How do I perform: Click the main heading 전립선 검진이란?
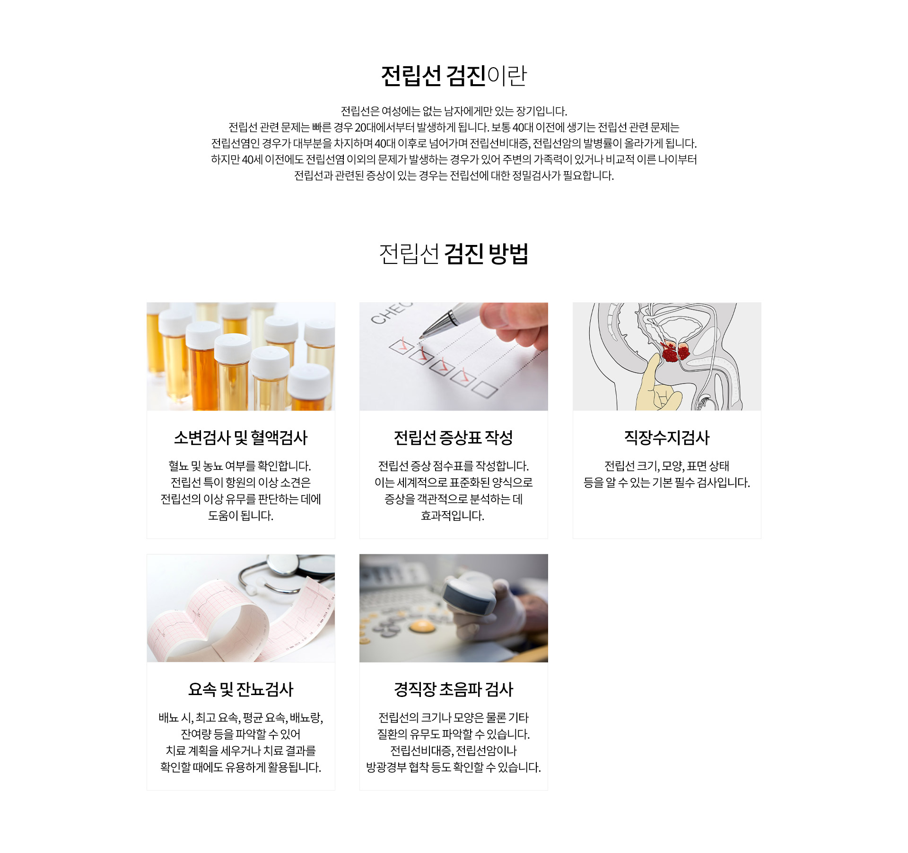(x=454, y=76)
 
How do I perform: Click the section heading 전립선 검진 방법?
(x=454, y=254)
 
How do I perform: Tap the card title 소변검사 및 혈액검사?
(x=241, y=438)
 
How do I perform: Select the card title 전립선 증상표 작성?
(x=454, y=438)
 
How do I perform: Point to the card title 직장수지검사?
(x=667, y=438)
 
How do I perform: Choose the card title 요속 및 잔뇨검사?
(x=241, y=689)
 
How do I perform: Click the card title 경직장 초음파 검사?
(x=454, y=689)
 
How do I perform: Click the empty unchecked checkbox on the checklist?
(x=485, y=389)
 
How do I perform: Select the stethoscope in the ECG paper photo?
(x=286, y=573)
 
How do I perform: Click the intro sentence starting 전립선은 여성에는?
(x=454, y=112)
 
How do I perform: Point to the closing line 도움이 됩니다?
(x=241, y=515)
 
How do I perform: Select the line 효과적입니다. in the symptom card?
(x=453, y=515)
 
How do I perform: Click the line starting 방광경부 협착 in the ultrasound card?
(x=454, y=767)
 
